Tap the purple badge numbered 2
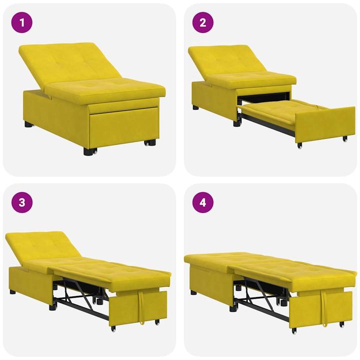[203, 22]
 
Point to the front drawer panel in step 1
[122, 125]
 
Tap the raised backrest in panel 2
[227, 59]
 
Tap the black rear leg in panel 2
[195, 107]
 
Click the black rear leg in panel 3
[12, 291]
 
